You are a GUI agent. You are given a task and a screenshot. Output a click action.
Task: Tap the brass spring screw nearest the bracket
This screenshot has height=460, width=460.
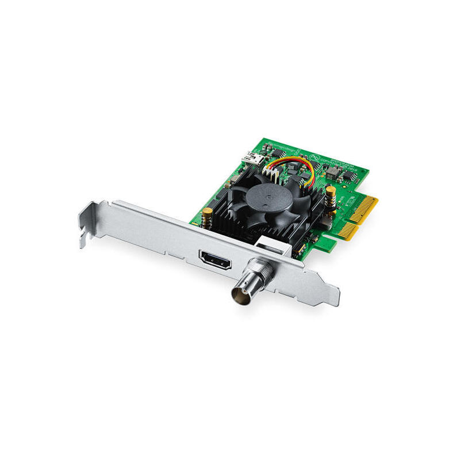pos(206,217)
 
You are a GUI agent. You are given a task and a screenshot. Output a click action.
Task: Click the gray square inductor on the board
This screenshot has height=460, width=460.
pos(332,170)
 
